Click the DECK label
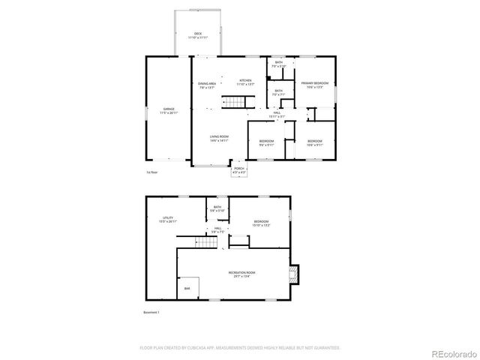pyautogui.click(x=198, y=34)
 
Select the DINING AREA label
pyautogui.click(x=208, y=85)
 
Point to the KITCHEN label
pyautogui.click(x=245, y=82)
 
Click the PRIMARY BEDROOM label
pyautogui.click(x=313, y=84)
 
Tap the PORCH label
pyautogui.click(x=239, y=169)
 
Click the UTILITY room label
pyautogui.click(x=167, y=219)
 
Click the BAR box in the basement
pyautogui.click(x=187, y=288)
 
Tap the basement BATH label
pyautogui.click(x=217, y=208)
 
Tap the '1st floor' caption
pyautogui.click(x=151, y=172)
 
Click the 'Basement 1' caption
pyautogui.click(x=151, y=312)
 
